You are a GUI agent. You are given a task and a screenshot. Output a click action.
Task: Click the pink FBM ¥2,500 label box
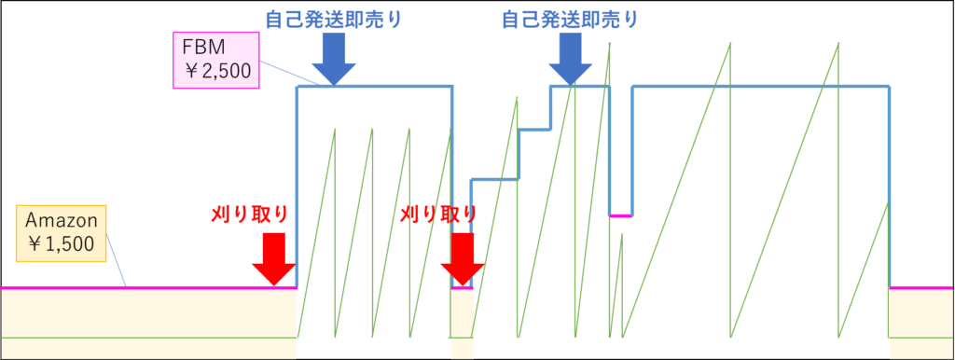[x=215, y=61]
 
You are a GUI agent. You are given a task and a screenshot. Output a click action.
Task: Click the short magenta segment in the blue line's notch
[x=621, y=215]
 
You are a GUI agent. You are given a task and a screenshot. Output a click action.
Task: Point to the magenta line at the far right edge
[x=920, y=288]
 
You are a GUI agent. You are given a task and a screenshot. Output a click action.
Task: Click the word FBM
[x=196, y=48]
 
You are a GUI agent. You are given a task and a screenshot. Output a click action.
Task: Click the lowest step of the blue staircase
[x=494, y=178]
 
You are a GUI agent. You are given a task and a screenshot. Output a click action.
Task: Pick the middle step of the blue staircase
[x=533, y=130]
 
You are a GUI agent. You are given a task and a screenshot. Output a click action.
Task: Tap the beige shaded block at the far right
[x=921, y=323]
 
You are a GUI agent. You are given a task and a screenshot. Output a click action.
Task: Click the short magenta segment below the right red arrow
[x=461, y=288]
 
